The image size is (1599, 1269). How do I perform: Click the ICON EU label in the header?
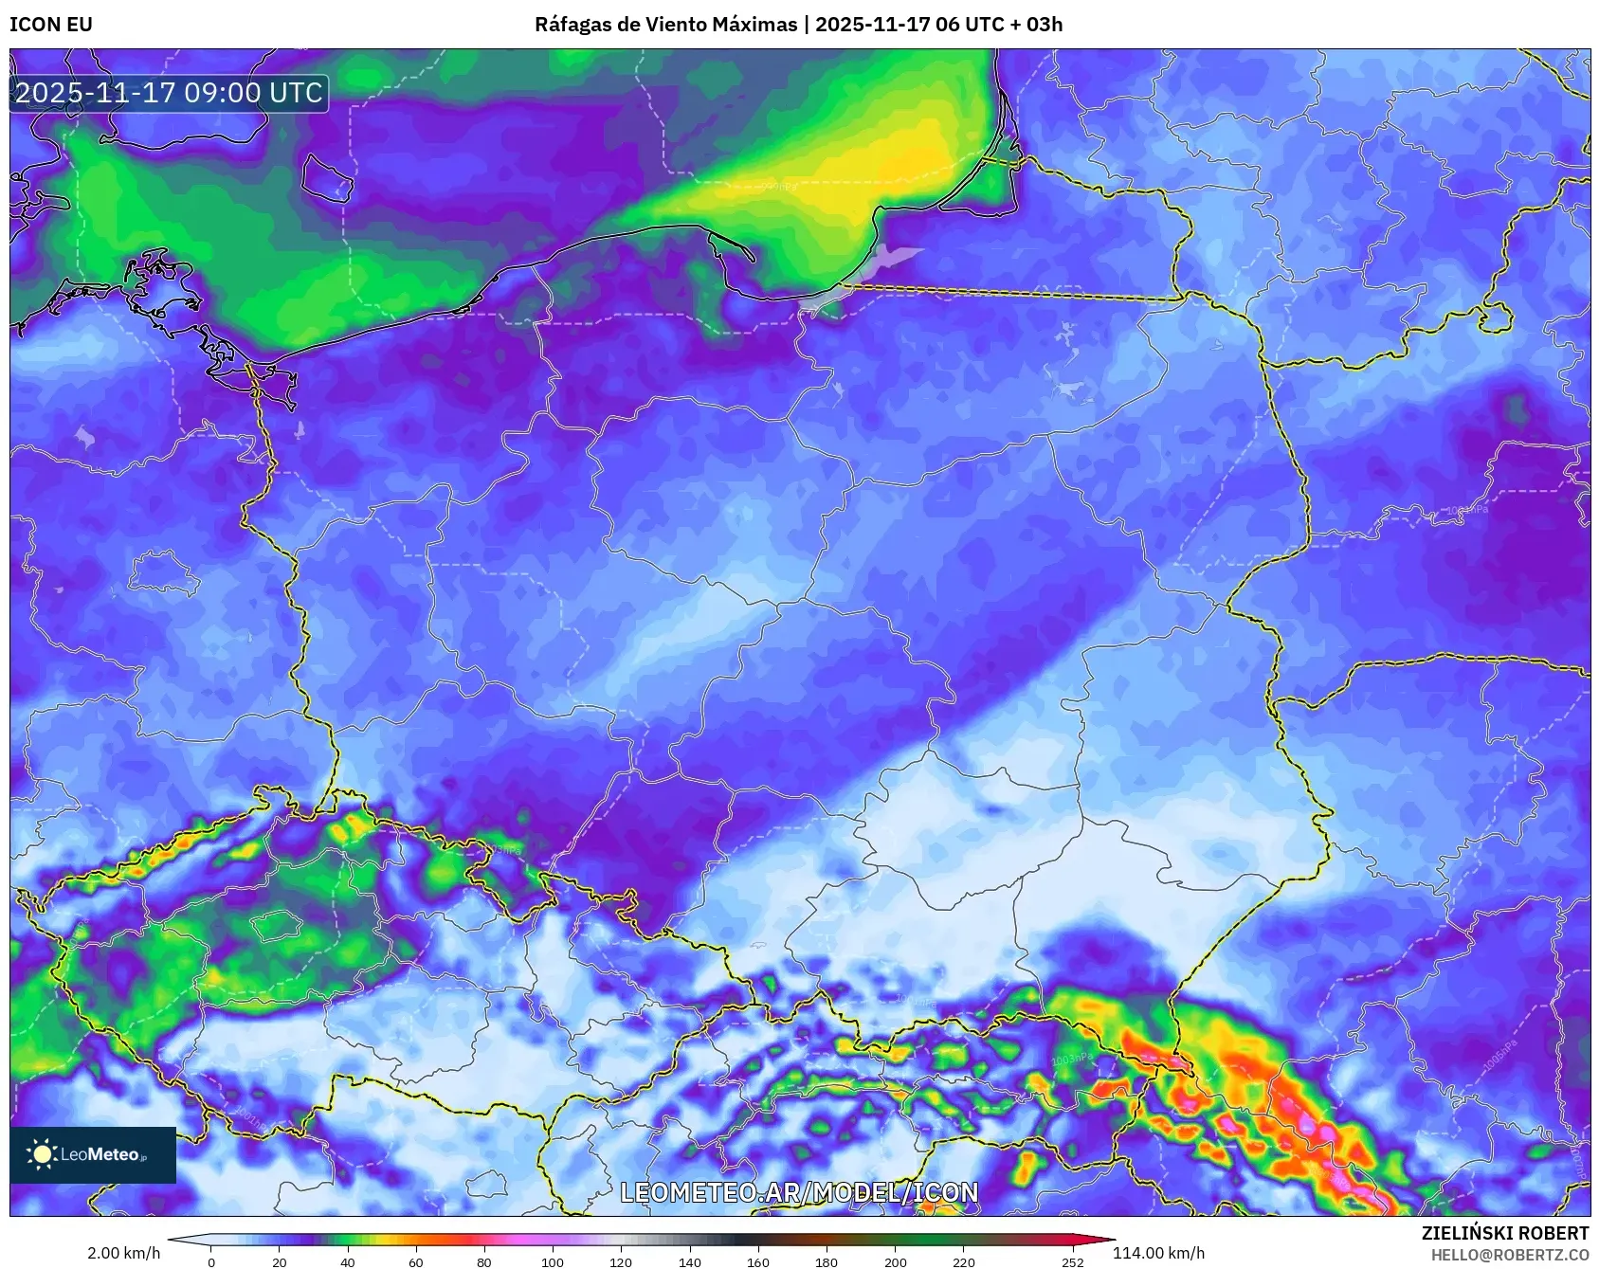click(51, 25)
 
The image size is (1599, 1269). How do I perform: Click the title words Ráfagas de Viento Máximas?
click(665, 25)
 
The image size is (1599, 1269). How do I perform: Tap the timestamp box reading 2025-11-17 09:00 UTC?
click(169, 93)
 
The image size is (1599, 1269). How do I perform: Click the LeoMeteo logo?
click(93, 1154)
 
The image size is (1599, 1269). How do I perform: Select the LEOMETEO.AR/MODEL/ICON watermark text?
click(799, 1192)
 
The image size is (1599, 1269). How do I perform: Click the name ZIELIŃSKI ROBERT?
click(1504, 1233)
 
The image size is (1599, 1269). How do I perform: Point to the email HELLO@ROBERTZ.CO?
click(1509, 1255)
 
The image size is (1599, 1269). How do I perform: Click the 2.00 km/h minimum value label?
click(123, 1253)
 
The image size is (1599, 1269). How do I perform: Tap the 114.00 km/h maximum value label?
click(1158, 1253)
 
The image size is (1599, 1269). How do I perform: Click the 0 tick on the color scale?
click(211, 1261)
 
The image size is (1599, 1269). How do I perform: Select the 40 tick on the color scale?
click(348, 1261)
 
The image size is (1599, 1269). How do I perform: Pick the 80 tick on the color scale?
click(484, 1261)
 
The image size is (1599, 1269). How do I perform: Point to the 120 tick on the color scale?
click(621, 1261)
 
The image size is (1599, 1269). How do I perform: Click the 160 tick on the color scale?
click(758, 1261)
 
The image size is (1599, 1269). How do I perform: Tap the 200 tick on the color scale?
click(895, 1261)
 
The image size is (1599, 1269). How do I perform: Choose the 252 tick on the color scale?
click(1072, 1261)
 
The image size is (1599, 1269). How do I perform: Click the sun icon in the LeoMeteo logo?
click(42, 1154)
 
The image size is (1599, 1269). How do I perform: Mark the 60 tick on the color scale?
click(416, 1261)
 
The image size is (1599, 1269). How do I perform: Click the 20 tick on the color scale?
click(280, 1261)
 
